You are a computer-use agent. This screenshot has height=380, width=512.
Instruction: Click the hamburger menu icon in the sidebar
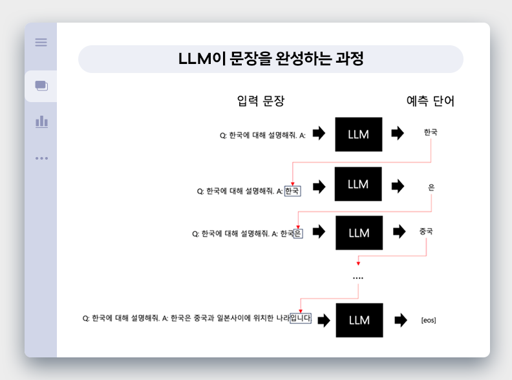click(41, 42)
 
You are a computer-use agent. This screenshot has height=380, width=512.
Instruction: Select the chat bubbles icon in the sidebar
click(41, 85)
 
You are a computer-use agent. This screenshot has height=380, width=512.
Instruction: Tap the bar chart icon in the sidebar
click(41, 121)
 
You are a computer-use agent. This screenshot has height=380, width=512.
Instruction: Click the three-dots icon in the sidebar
click(41, 158)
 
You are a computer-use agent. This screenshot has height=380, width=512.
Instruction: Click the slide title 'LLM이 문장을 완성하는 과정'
click(271, 59)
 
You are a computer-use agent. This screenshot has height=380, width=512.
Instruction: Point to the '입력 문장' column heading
click(261, 101)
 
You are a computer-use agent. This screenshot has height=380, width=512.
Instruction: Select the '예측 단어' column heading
click(430, 101)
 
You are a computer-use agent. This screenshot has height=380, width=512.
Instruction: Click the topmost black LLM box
click(358, 134)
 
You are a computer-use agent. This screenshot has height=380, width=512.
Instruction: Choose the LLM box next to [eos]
click(359, 320)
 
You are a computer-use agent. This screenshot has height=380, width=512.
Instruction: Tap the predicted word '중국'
click(426, 231)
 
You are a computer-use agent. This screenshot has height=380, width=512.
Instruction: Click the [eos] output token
click(428, 321)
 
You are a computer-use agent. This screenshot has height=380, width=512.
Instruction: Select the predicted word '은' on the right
click(431, 187)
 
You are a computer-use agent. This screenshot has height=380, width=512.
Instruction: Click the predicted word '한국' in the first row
click(431, 132)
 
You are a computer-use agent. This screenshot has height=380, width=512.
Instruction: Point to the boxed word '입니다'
click(301, 318)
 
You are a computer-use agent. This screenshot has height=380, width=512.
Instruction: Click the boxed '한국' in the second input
click(292, 191)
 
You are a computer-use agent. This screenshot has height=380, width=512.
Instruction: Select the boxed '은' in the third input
click(298, 234)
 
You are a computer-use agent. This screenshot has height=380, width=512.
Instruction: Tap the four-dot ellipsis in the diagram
click(358, 278)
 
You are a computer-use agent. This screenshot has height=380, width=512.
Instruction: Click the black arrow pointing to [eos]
click(400, 320)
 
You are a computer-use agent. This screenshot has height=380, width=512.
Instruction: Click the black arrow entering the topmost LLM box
click(319, 134)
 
